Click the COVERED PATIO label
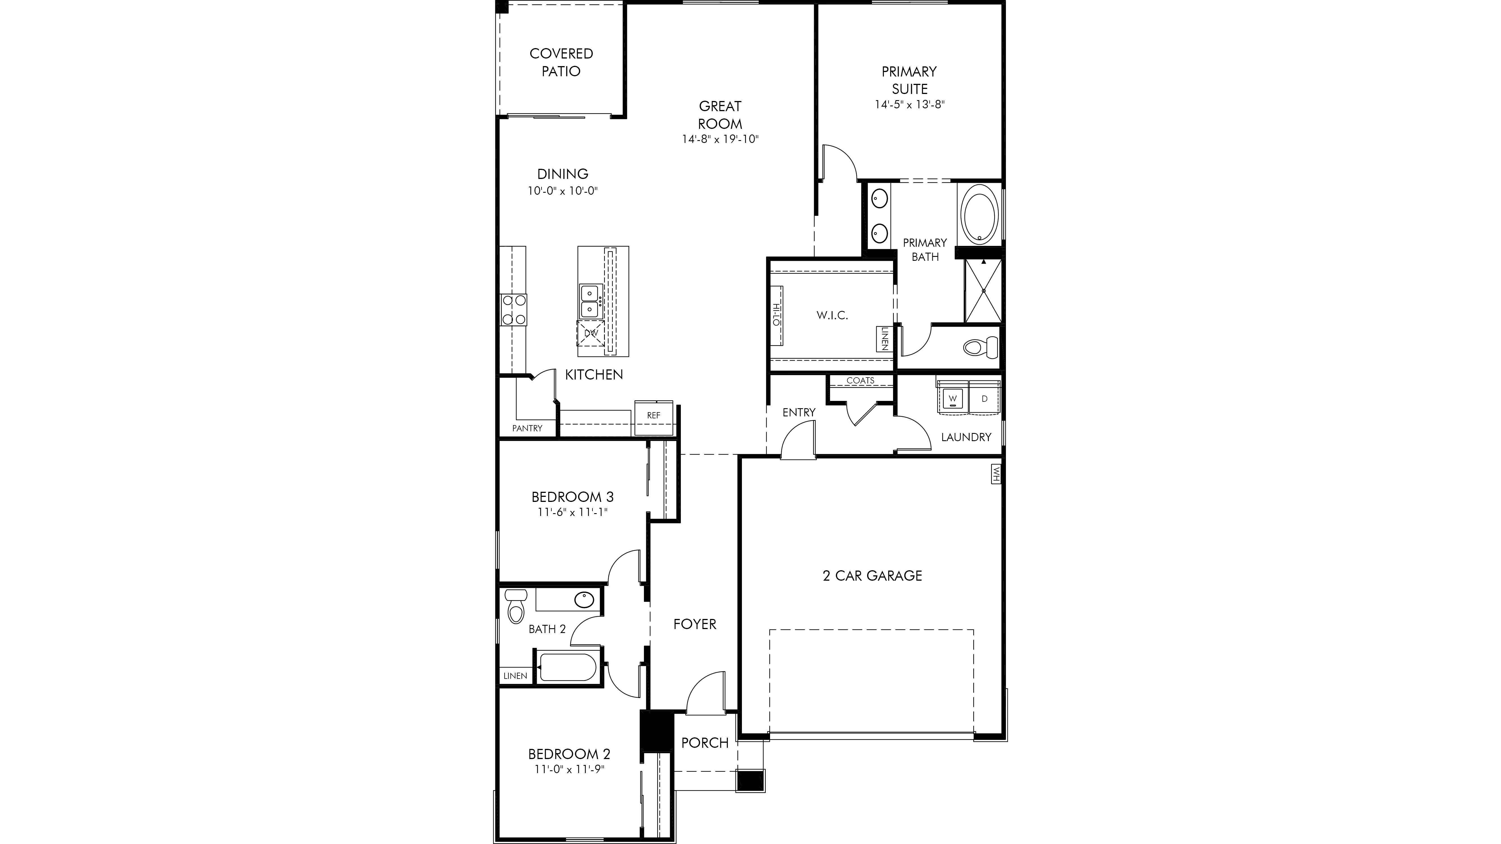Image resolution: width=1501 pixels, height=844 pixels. (561, 62)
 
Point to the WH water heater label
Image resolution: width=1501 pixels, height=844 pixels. (996, 473)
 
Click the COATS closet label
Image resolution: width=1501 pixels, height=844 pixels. (860, 380)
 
